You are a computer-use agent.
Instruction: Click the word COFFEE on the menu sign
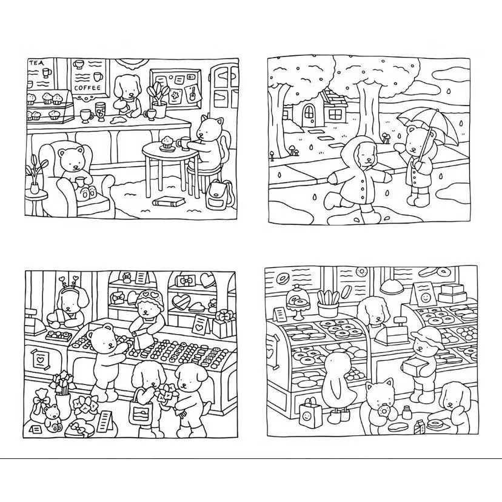(87, 87)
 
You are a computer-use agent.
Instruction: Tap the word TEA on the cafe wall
(36, 63)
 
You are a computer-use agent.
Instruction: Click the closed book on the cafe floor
(169, 201)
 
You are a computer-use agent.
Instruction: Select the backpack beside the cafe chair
(219, 193)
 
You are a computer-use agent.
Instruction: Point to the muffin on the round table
(167, 142)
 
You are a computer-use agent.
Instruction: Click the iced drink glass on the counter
(101, 112)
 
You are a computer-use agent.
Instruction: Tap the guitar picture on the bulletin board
(193, 92)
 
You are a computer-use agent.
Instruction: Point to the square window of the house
(335, 115)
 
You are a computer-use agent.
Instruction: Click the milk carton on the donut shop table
(421, 427)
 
